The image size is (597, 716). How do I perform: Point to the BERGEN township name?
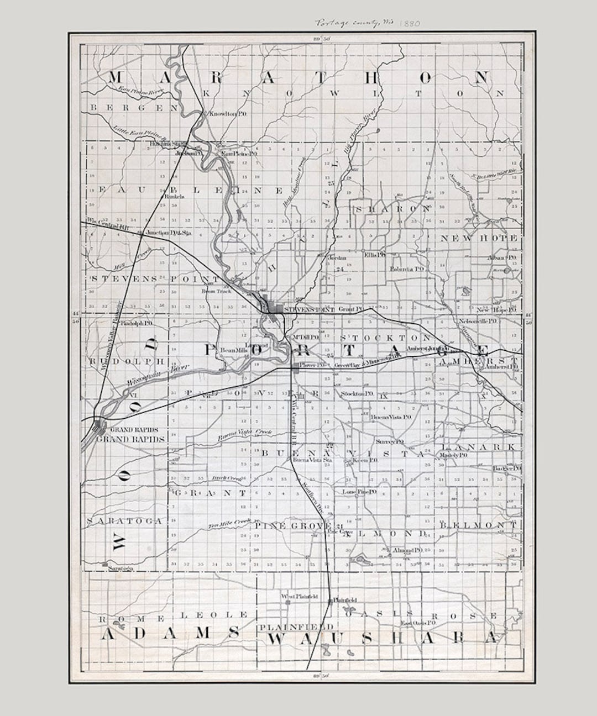pos(128,108)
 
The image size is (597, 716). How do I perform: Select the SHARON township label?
pos(392,209)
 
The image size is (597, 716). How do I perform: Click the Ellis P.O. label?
pos(374,255)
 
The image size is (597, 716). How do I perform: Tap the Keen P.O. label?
pos(365,460)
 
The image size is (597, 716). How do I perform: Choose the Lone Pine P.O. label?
pos(359,491)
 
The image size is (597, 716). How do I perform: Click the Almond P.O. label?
pos(407,550)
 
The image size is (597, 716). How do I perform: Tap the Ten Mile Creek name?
pos(229,523)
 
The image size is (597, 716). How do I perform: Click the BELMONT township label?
pos(479,524)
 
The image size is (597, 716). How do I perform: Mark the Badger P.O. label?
pos(506,468)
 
